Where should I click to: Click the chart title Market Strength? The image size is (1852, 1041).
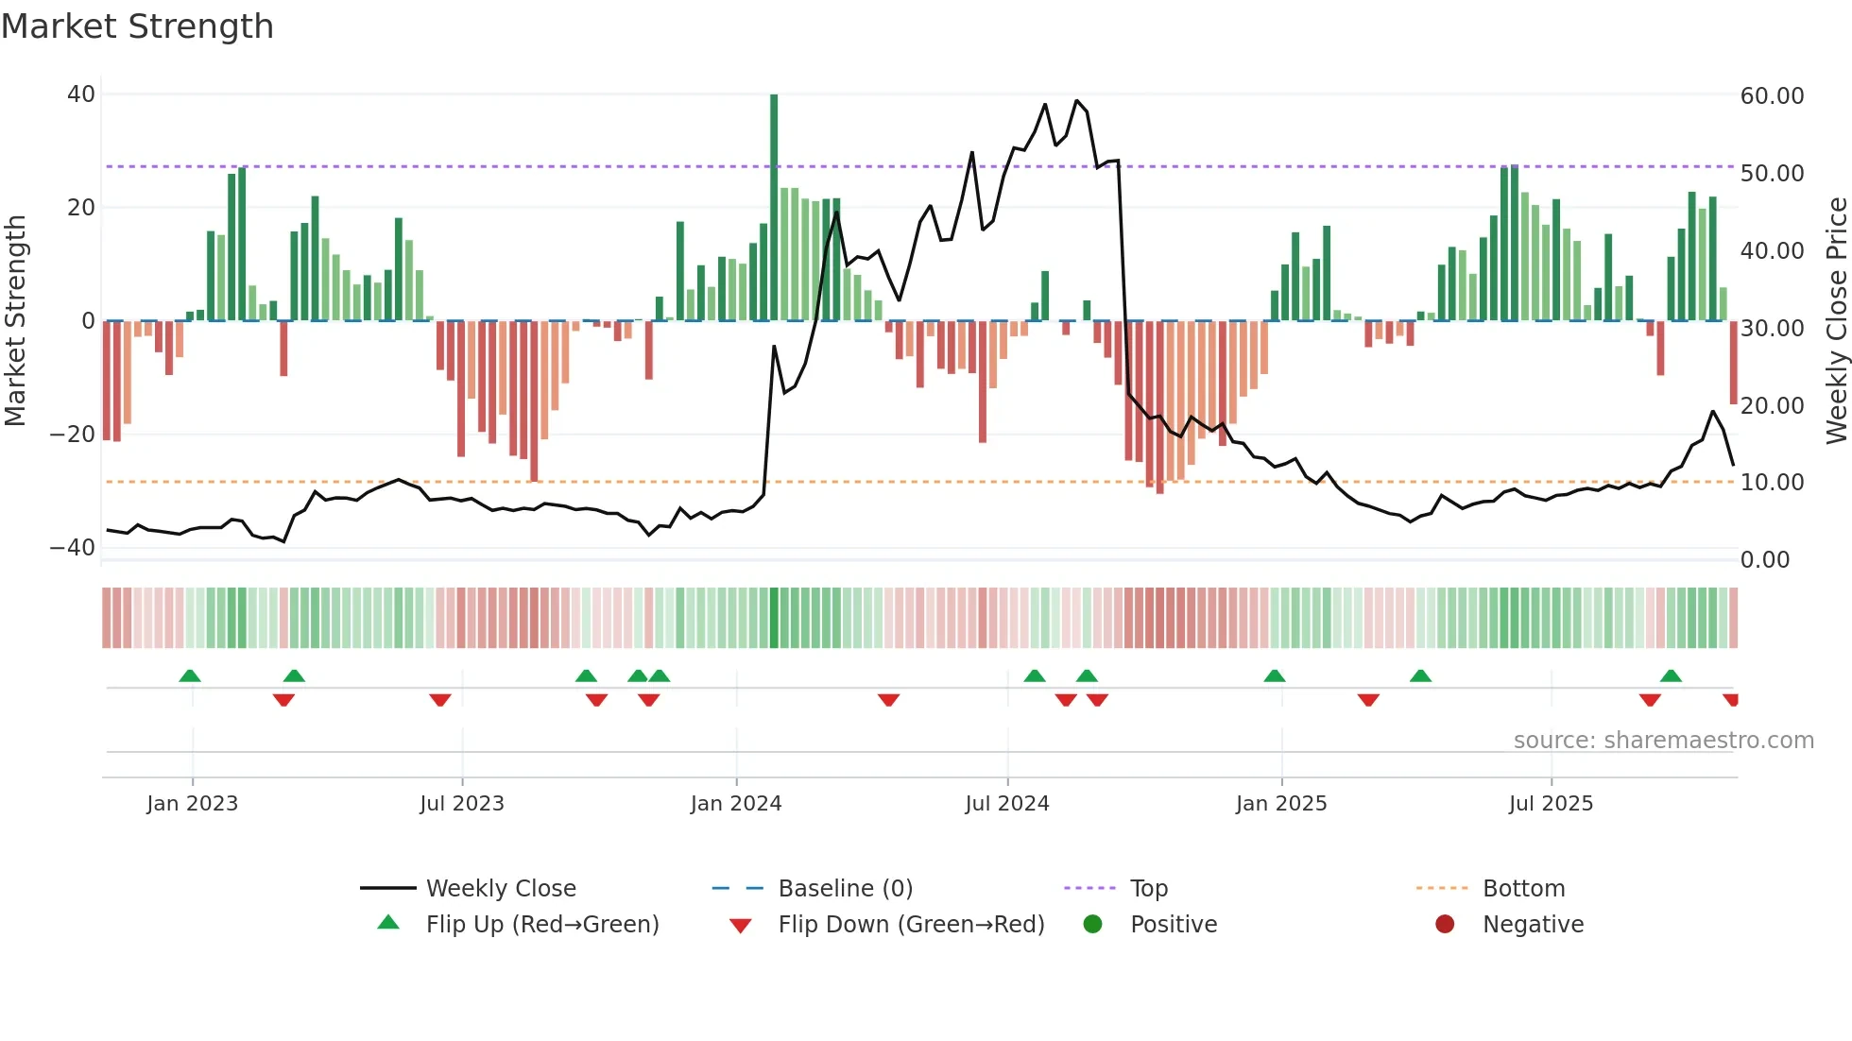pos(137,26)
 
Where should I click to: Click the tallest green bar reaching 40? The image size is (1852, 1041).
pos(774,208)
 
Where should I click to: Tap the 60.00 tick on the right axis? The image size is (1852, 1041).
pos(1772,95)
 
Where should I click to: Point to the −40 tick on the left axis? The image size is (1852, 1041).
pos(73,548)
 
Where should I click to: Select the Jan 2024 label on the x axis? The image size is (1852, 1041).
pos(736,804)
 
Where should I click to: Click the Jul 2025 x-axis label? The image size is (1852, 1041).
pos(1551,804)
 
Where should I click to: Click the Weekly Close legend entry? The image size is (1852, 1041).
pos(500,889)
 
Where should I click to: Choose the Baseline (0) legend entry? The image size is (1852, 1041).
pos(845,889)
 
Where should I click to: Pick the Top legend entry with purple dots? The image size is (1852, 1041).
pos(1148,889)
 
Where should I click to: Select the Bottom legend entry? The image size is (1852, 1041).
pos(1523,889)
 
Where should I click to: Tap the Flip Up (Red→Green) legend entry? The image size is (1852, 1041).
pos(541,925)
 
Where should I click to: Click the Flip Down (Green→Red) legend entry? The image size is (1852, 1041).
pos(911,925)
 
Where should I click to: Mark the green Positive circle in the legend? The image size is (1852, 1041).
pos(1093,925)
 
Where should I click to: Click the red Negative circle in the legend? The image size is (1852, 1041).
pos(1445,925)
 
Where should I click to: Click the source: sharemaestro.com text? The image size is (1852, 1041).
pos(1663,741)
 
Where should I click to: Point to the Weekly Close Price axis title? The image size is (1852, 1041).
pos(1836,321)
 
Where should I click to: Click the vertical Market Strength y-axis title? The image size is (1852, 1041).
pos(16,321)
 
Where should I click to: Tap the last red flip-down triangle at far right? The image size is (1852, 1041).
pos(1731,700)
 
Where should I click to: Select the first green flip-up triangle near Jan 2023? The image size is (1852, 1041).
pos(190,675)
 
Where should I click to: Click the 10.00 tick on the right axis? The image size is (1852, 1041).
pos(1772,483)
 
